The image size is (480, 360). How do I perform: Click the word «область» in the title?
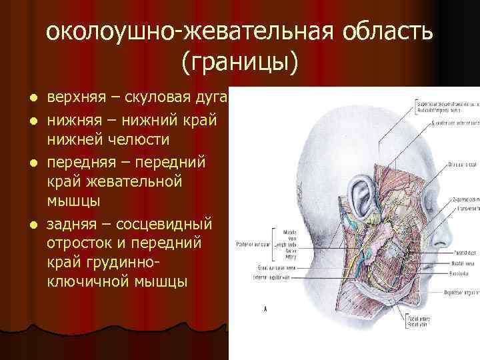pos(376,32)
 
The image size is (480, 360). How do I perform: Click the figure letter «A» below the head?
pos(266,309)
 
